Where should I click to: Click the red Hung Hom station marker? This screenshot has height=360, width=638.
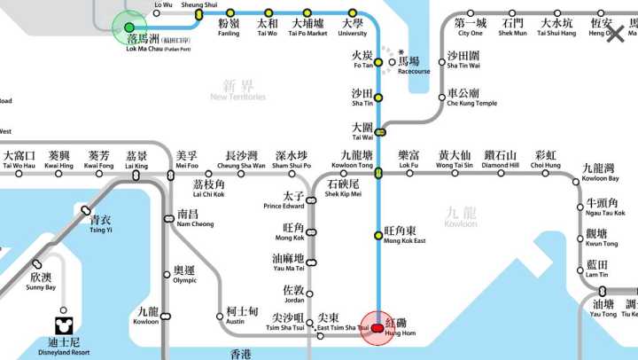tap(377, 327)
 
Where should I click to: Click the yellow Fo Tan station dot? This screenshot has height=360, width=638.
tap(378, 62)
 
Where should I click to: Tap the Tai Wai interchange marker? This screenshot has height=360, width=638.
tap(380, 132)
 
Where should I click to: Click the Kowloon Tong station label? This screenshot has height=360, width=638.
tap(352, 160)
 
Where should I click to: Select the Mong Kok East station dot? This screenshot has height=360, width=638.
tap(378, 235)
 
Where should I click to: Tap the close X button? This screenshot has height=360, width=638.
tap(614, 35)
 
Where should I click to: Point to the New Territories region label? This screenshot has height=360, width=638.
tap(237, 90)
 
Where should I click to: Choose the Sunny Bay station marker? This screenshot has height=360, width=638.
tap(36, 264)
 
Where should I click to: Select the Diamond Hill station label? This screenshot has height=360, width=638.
tap(501, 160)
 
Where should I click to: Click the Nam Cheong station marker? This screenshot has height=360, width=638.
tap(168, 218)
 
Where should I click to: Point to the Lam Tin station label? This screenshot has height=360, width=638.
tap(597, 270)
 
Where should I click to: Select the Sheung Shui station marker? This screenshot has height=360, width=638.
tap(198, 13)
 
